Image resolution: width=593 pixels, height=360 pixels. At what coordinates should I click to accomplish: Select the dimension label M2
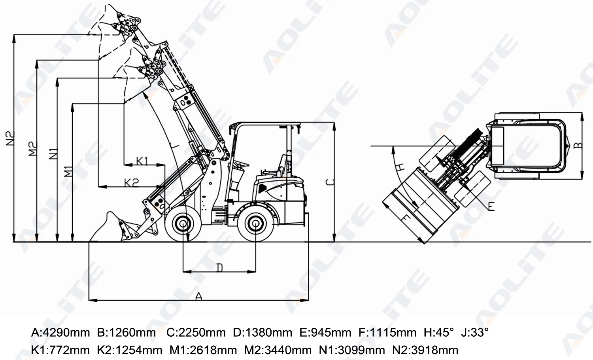tap(33, 149)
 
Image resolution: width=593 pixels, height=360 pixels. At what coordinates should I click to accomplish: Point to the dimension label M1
tap(69, 171)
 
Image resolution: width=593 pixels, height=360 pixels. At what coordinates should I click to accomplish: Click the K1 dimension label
tap(142, 161)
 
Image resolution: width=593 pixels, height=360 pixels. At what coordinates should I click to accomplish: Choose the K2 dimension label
tap(131, 182)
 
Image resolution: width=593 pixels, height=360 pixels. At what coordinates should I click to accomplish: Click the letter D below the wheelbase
tap(219, 268)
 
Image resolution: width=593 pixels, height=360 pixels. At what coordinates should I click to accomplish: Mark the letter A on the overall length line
tap(199, 296)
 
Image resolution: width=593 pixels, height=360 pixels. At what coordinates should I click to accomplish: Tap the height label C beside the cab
tap(330, 182)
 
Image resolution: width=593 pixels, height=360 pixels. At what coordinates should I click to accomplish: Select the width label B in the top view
tap(578, 145)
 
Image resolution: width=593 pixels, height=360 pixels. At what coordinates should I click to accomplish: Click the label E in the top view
tap(491, 206)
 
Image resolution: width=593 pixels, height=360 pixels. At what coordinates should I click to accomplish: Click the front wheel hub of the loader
tap(183, 224)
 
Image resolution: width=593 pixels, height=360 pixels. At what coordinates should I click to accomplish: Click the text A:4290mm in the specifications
tap(60, 333)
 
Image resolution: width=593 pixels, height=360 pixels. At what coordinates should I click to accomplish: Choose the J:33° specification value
tap(475, 333)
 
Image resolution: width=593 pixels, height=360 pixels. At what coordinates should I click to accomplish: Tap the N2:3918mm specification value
tap(425, 350)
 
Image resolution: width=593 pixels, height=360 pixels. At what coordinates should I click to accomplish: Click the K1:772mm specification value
tap(60, 350)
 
